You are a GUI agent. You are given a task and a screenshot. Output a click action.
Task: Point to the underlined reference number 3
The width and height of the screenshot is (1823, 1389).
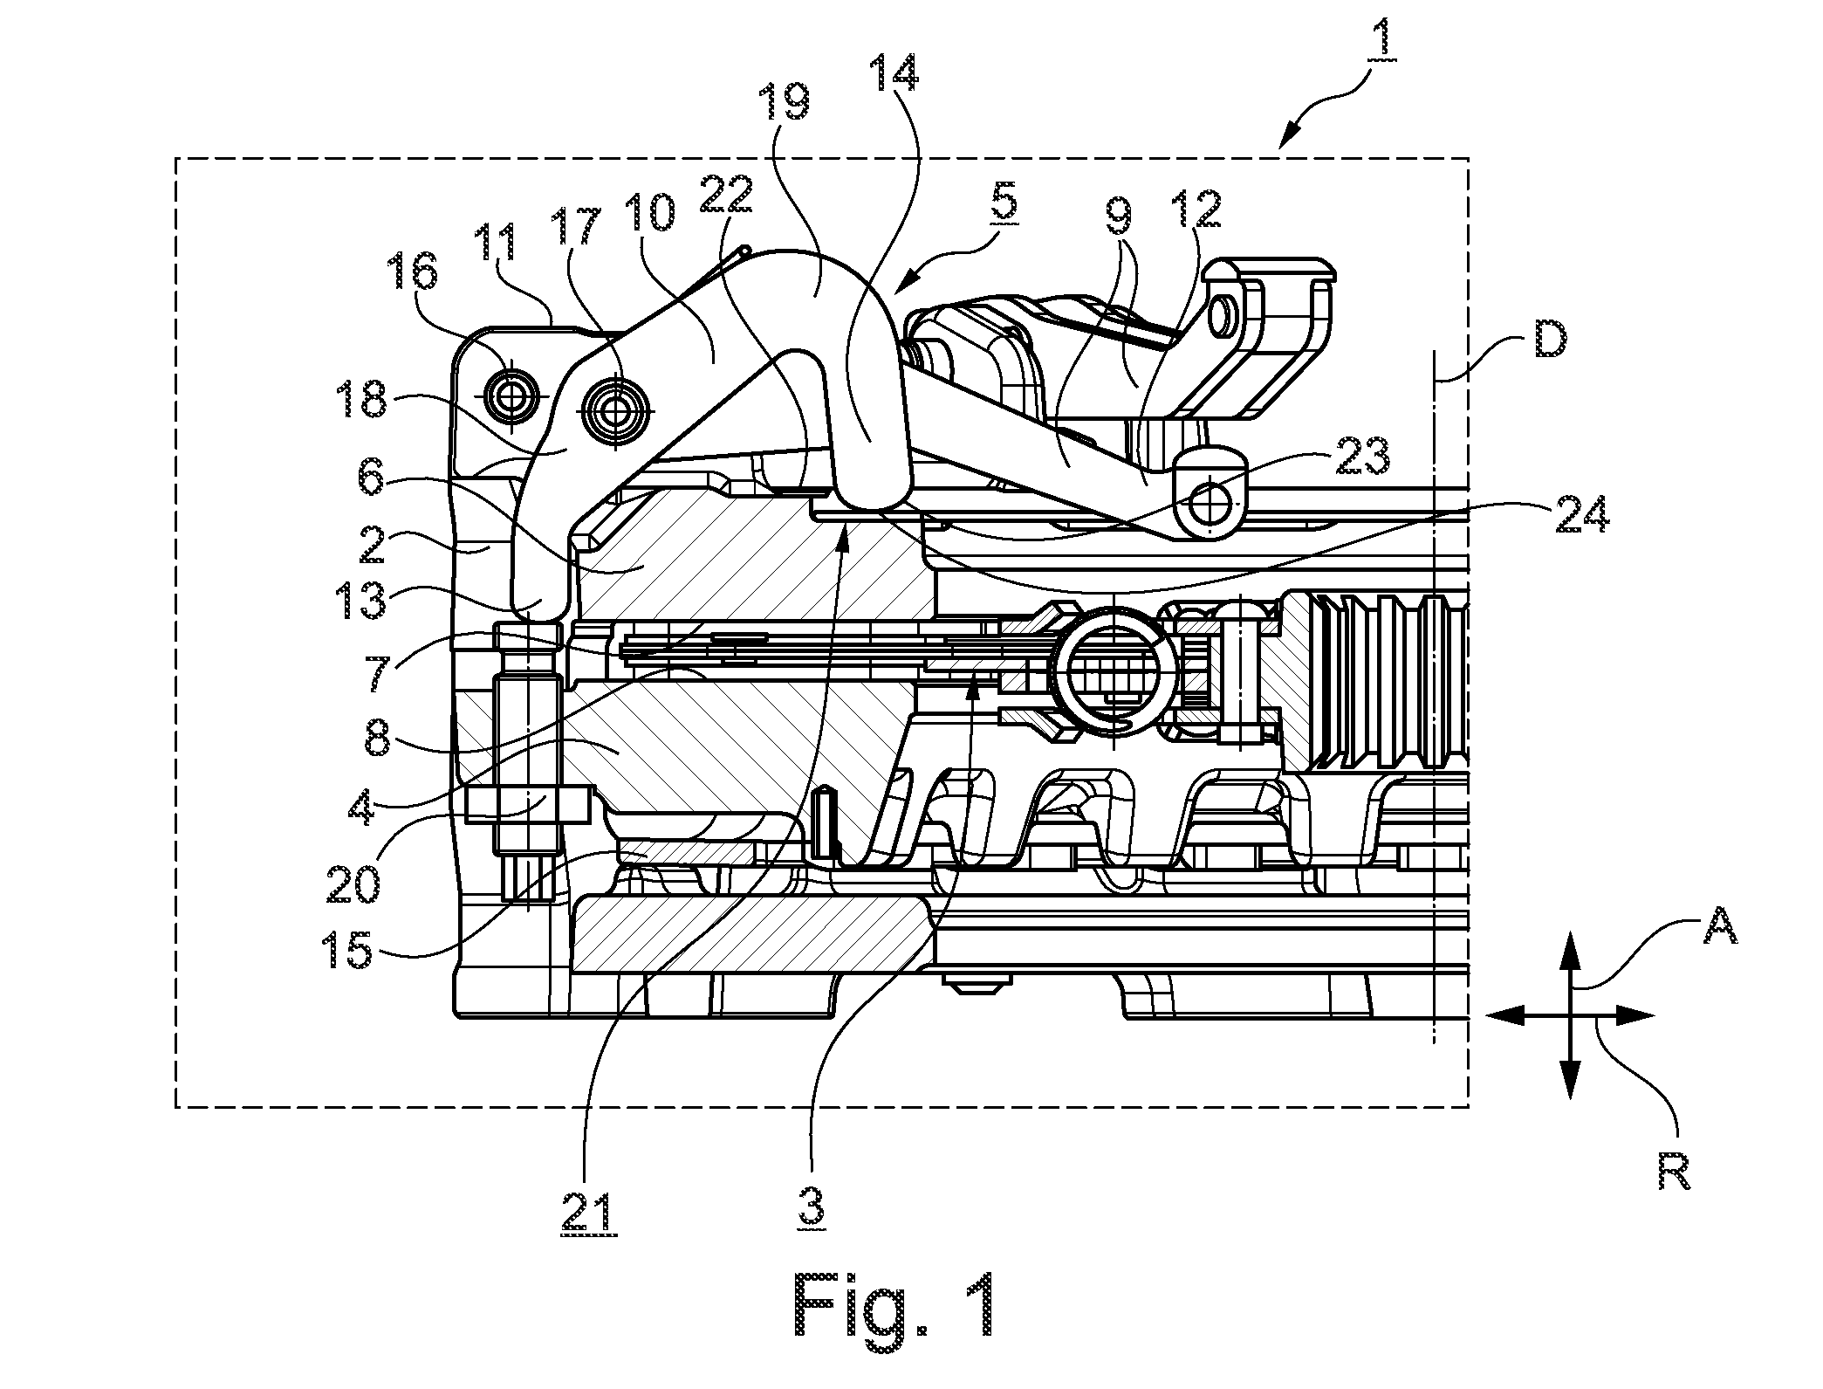(x=812, y=1209)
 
